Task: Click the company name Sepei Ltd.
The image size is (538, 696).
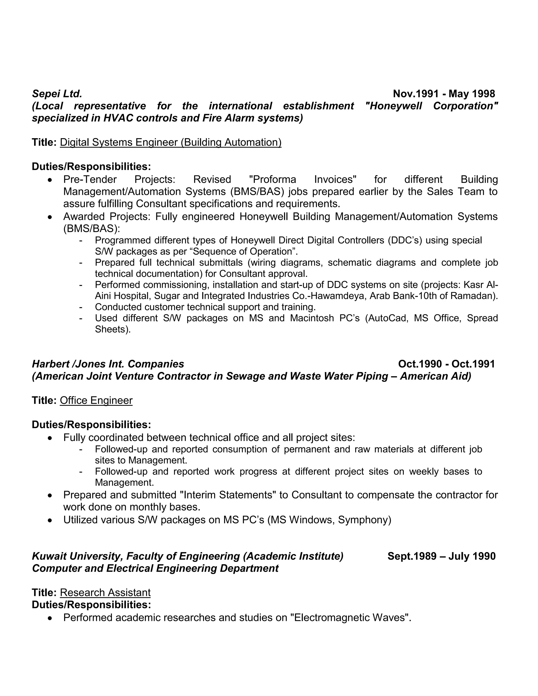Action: pos(57,94)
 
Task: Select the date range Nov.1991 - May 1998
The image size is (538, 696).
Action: pos(444,94)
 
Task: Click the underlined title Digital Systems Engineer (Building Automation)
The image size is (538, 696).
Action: pos(170,142)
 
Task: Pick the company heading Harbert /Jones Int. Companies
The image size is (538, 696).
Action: pos(108,364)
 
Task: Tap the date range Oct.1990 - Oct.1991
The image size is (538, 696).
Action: pos(446,364)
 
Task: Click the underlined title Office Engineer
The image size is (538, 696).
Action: pos(96,400)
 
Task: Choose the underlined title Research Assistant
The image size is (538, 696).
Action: pos(105,593)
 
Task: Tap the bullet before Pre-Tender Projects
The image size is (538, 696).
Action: pos(50,180)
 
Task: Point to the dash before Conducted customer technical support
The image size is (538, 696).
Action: pos(81,307)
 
